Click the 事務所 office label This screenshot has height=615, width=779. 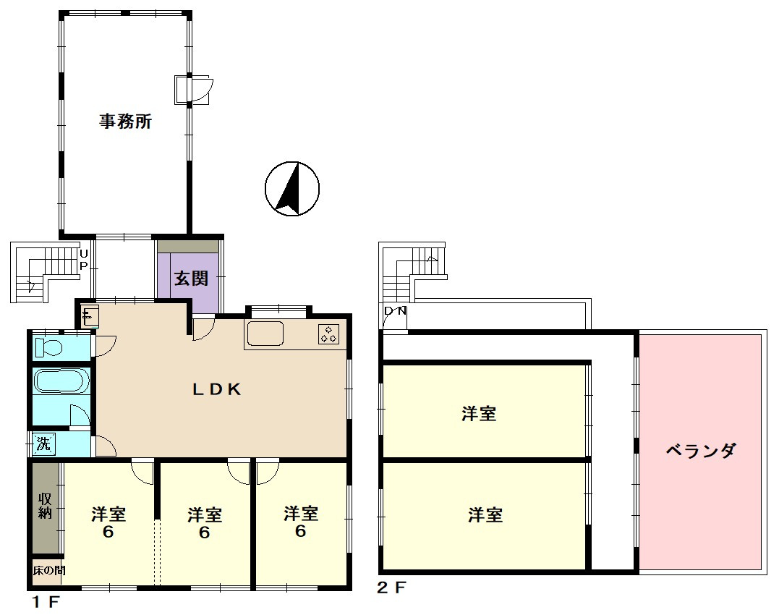pyautogui.click(x=125, y=122)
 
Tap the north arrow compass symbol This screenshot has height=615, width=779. pyautogui.click(x=292, y=189)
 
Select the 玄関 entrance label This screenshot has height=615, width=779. pyautogui.click(x=191, y=278)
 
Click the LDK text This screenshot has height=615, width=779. pyautogui.click(x=217, y=389)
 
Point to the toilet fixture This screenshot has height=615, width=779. pyautogui.click(x=48, y=347)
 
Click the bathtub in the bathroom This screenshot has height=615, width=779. pyautogui.click(x=61, y=381)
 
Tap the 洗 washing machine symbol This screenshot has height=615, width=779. pyautogui.click(x=43, y=444)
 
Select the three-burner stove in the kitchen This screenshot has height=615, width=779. pyautogui.click(x=329, y=334)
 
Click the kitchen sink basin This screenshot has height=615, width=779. pyautogui.click(x=265, y=334)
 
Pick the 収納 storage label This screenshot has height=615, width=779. pyautogui.click(x=46, y=506)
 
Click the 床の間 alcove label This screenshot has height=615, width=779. pyautogui.click(x=48, y=570)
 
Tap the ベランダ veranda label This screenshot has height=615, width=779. pyautogui.click(x=700, y=451)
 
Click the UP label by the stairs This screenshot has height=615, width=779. pyautogui.click(x=83, y=260)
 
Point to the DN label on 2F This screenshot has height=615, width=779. pyautogui.click(x=396, y=311)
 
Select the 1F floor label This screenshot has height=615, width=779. pyautogui.click(x=46, y=602)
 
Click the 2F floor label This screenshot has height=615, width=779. pyautogui.click(x=391, y=588)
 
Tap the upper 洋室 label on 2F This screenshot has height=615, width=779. pyautogui.click(x=478, y=413)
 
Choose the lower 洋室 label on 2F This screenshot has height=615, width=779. pyautogui.click(x=485, y=514)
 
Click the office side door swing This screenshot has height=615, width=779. pyautogui.click(x=201, y=90)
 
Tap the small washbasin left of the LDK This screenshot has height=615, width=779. pyautogui.click(x=90, y=315)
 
